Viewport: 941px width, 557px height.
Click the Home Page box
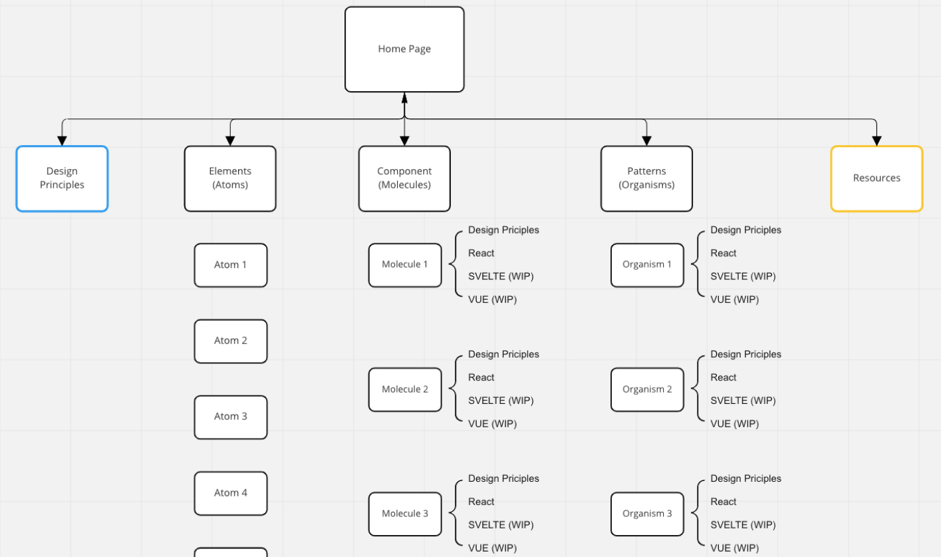point(404,49)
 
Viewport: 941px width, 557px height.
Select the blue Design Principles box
point(62,178)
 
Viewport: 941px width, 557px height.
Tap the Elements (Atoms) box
point(230,178)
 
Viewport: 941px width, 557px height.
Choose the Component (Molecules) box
point(404,178)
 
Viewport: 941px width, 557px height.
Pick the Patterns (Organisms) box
point(646,178)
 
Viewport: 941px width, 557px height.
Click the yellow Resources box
point(876,178)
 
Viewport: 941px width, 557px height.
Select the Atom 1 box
point(231,266)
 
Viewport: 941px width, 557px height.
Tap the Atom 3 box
point(231,417)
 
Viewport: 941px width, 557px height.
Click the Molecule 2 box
point(405,390)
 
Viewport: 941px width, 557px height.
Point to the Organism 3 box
point(647,514)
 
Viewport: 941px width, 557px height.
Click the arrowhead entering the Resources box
point(876,141)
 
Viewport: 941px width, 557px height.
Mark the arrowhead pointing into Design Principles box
point(62,141)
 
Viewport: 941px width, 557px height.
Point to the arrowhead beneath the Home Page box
point(404,98)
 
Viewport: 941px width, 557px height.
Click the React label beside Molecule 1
point(481,253)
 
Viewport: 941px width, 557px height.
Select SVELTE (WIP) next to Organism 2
point(743,401)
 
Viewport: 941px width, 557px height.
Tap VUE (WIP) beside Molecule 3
point(492,548)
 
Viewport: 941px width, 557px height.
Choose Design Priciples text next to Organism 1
point(745,230)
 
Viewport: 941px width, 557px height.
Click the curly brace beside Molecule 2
point(456,389)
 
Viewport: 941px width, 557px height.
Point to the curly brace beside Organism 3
point(698,513)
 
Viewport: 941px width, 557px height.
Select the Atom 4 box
point(231,494)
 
